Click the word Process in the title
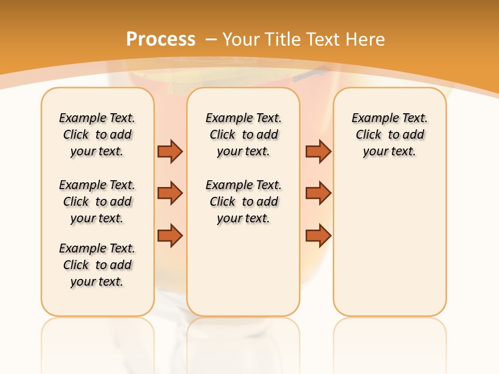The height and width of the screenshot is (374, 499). (161, 39)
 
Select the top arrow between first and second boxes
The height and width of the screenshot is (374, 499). (170, 151)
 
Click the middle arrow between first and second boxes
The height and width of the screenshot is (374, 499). (170, 193)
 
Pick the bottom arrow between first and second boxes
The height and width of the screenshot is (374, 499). (170, 235)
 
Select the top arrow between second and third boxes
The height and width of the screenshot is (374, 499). (318, 151)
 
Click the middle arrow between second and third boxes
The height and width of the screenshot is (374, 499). (318, 193)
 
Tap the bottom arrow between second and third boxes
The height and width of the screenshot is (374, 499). (318, 235)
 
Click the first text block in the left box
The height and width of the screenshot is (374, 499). (97, 135)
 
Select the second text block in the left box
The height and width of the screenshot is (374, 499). (97, 202)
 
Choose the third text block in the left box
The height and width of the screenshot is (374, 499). (97, 265)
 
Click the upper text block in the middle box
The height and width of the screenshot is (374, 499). (243, 135)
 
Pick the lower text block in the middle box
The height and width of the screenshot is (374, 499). (243, 202)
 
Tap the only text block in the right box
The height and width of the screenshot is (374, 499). (390, 135)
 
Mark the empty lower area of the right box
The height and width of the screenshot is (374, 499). (390, 244)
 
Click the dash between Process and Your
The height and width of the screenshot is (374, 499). (211, 39)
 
